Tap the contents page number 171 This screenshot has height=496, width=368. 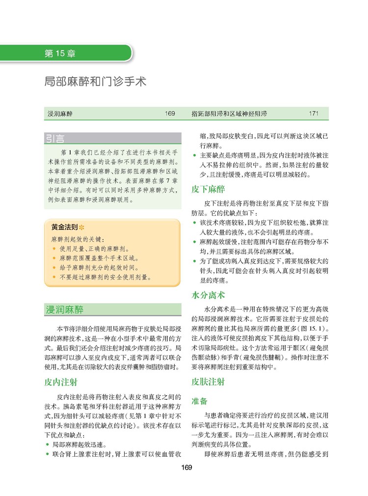click(x=314, y=113)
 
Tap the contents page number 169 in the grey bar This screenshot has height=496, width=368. click(x=170, y=113)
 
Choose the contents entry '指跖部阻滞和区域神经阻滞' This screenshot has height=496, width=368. click(x=229, y=113)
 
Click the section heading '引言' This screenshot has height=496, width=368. click(x=55, y=138)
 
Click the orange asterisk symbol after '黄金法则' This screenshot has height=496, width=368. click(x=81, y=228)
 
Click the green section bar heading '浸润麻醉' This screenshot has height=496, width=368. click(x=64, y=310)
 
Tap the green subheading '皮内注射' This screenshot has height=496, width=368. click(x=61, y=381)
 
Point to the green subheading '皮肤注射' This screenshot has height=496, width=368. click(x=208, y=381)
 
